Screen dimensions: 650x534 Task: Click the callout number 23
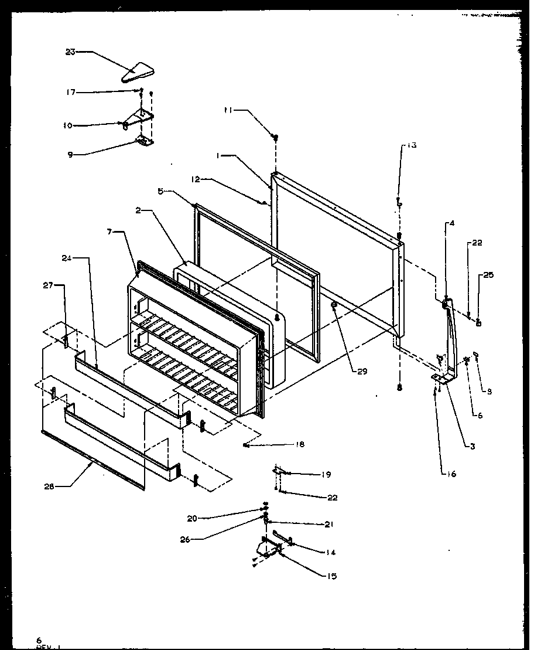pos(71,52)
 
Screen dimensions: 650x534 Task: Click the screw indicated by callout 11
pos(274,137)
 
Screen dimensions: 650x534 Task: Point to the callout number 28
pos(49,486)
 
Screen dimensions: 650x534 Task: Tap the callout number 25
pos(488,275)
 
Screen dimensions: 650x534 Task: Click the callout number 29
pos(362,371)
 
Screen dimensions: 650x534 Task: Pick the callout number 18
pos(300,445)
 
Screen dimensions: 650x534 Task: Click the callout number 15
pos(332,576)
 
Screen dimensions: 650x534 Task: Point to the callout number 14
pos(331,552)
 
